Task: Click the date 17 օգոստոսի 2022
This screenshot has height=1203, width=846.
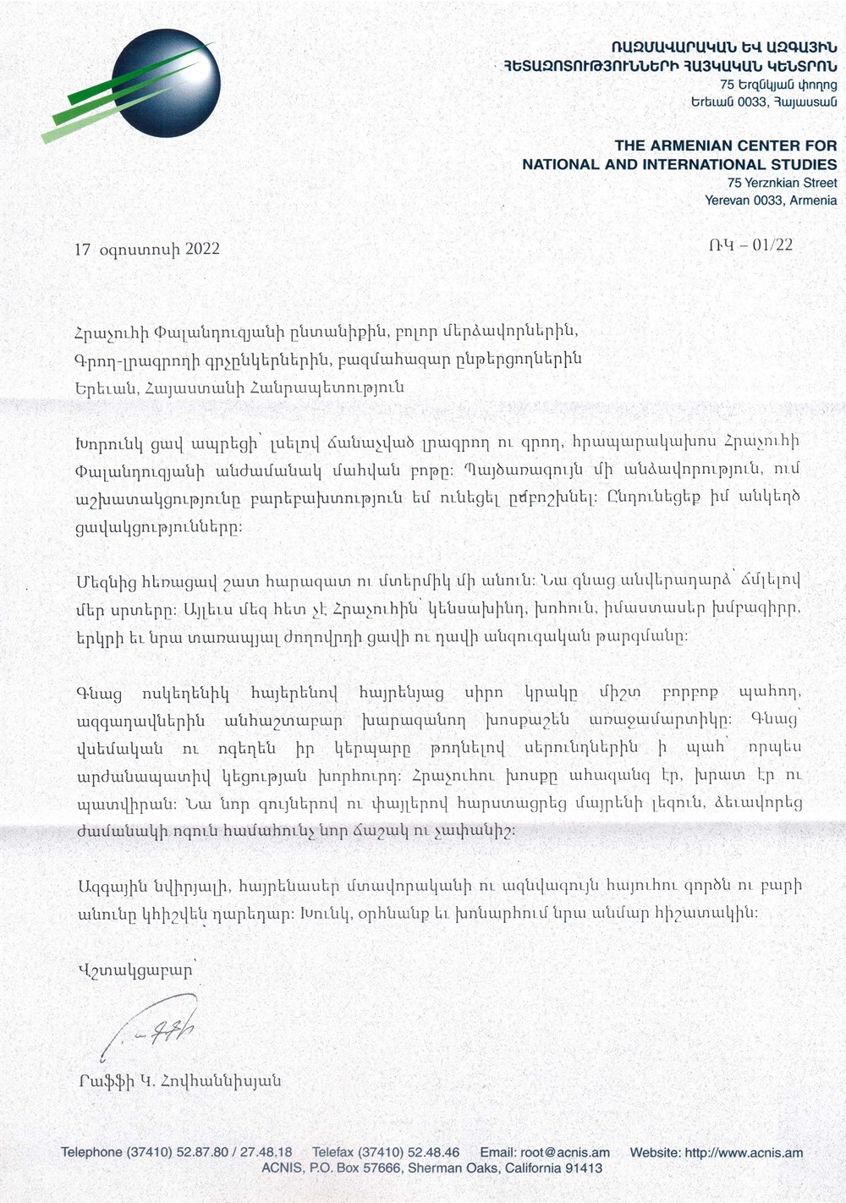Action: [x=147, y=249]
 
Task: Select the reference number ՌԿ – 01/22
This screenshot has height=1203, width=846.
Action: [x=750, y=245]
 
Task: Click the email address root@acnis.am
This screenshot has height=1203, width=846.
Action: [x=564, y=1152]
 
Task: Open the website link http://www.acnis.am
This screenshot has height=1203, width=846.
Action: [x=744, y=1152]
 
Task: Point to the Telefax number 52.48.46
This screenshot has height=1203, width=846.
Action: [x=433, y=1152]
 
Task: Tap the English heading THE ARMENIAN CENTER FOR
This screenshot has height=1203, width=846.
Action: [x=725, y=146]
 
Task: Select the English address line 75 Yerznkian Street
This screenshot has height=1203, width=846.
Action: [x=782, y=183]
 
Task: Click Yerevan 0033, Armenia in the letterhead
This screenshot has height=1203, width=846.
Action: [x=771, y=200]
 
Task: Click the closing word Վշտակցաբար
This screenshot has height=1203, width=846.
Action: [x=135, y=970]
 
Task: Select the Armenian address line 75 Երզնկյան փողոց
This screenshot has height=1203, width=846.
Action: [x=778, y=85]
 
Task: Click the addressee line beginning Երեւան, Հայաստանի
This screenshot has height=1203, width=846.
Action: [x=239, y=387]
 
